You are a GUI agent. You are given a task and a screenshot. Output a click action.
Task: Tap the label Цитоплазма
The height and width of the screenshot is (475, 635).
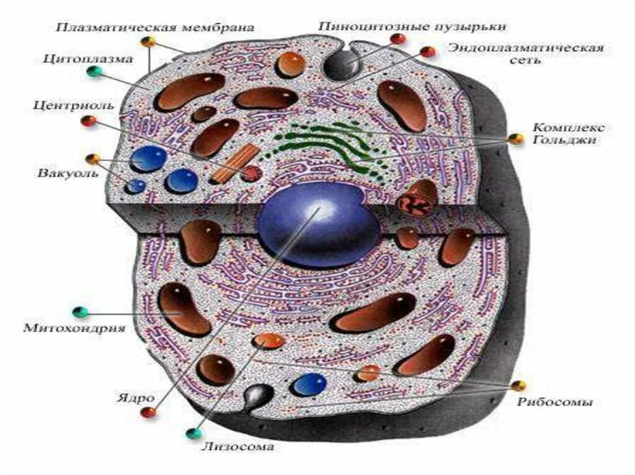click(88, 60)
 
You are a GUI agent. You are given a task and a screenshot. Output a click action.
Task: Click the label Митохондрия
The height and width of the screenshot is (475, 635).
click(74, 327)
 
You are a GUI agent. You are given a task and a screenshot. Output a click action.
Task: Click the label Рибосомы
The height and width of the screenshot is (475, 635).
click(555, 402)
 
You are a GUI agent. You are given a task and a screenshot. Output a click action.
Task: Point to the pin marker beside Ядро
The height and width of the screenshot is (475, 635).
click(148, 412)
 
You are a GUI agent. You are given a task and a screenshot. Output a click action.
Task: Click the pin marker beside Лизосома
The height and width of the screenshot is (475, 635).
click(194, 433)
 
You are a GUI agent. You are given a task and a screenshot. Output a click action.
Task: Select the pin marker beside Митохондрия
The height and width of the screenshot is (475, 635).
click(79, 311)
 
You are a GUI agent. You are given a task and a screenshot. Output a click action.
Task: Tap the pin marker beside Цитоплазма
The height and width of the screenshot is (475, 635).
click(94, 71)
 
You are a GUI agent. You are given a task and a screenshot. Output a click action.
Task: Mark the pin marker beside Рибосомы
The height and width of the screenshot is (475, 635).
click(518, 386)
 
